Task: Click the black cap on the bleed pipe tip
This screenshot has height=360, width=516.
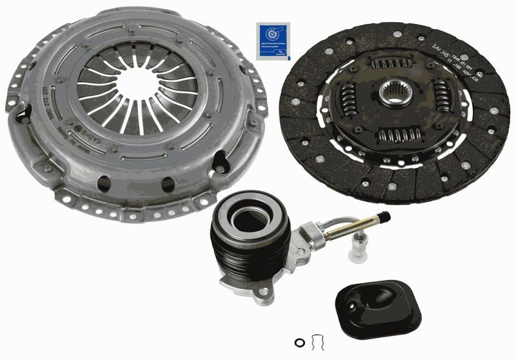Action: click(385, 215)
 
